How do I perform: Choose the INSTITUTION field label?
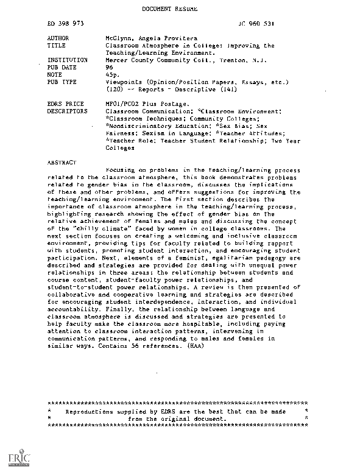point(67,60)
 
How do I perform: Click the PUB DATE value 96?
point(109,68)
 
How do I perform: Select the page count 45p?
point(111,75)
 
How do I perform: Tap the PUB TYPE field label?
point(61,82)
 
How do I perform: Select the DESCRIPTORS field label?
point(67,112)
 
